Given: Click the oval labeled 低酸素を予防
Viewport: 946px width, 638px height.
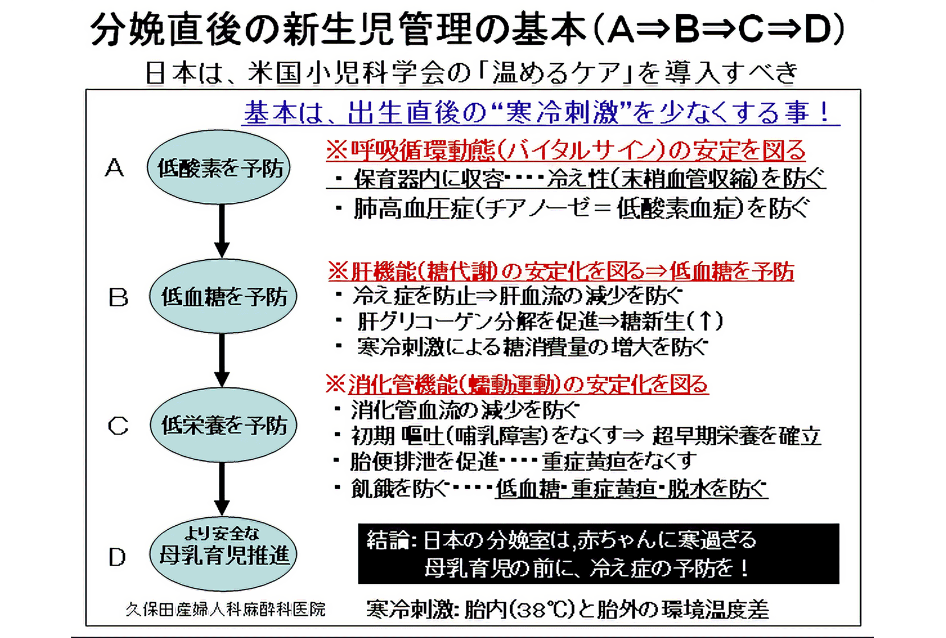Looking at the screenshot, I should pos(219,167).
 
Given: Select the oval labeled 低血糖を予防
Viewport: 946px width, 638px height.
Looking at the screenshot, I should pos(223,297).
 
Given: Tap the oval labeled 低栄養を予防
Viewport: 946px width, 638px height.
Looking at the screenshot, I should pos(223,425).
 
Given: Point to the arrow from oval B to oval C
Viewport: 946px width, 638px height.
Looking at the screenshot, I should pos(222,359).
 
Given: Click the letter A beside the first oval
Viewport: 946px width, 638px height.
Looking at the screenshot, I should pos(115,167).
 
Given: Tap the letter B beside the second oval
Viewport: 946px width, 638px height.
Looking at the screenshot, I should pos(118,297).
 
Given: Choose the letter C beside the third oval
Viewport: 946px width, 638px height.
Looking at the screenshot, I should pos(118,426).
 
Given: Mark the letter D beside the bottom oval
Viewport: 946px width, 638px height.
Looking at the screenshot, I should pos(117,557).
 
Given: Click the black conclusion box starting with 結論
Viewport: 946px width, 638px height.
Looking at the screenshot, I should pos(598,554).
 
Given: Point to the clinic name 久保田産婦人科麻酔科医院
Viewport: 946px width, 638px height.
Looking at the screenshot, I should pos(226,610).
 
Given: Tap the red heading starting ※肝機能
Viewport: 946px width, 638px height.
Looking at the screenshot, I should pos(561,271).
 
